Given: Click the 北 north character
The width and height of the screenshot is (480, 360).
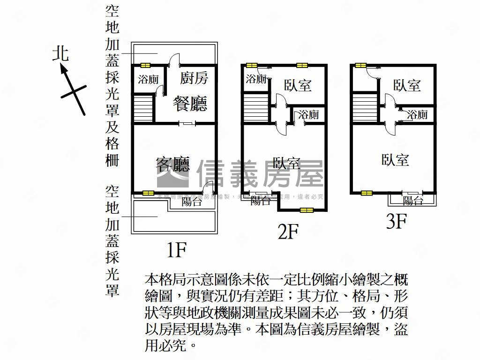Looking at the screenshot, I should click(x=60, y=53).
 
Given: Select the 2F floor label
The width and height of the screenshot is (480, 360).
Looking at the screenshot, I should click(x=288, y=231).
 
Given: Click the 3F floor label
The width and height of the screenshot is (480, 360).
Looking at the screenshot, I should click(x=395, y=221).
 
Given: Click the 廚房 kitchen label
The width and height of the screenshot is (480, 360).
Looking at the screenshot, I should click(x=194, y=78).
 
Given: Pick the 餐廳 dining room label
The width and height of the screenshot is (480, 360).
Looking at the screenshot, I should click(x=190, y=103).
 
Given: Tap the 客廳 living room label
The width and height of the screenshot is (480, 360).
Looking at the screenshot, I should click(x=172, y=164).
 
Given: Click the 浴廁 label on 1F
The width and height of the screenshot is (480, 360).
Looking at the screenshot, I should click(x=148, y=79).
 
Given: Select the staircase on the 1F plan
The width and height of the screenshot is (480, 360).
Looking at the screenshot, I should click(x=144, y=108).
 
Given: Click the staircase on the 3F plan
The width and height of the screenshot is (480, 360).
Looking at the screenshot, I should click(x=365, y=108).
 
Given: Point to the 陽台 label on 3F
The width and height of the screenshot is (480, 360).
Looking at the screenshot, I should click(x=413, y=201).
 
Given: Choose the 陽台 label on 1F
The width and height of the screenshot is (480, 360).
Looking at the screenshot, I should click(x=191, y=202).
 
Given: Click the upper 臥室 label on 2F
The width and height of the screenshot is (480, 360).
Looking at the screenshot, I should click(x=298, y=85).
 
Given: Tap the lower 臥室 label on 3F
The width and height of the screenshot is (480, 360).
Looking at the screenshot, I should click(x=395, y=160).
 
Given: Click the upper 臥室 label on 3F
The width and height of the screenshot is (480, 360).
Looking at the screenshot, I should click(x=407, y=85).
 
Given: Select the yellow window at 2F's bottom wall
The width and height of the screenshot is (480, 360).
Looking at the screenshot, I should click(x=307, y=210).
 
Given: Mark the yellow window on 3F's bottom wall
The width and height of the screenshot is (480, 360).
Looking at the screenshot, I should click(x=367, y=193).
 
